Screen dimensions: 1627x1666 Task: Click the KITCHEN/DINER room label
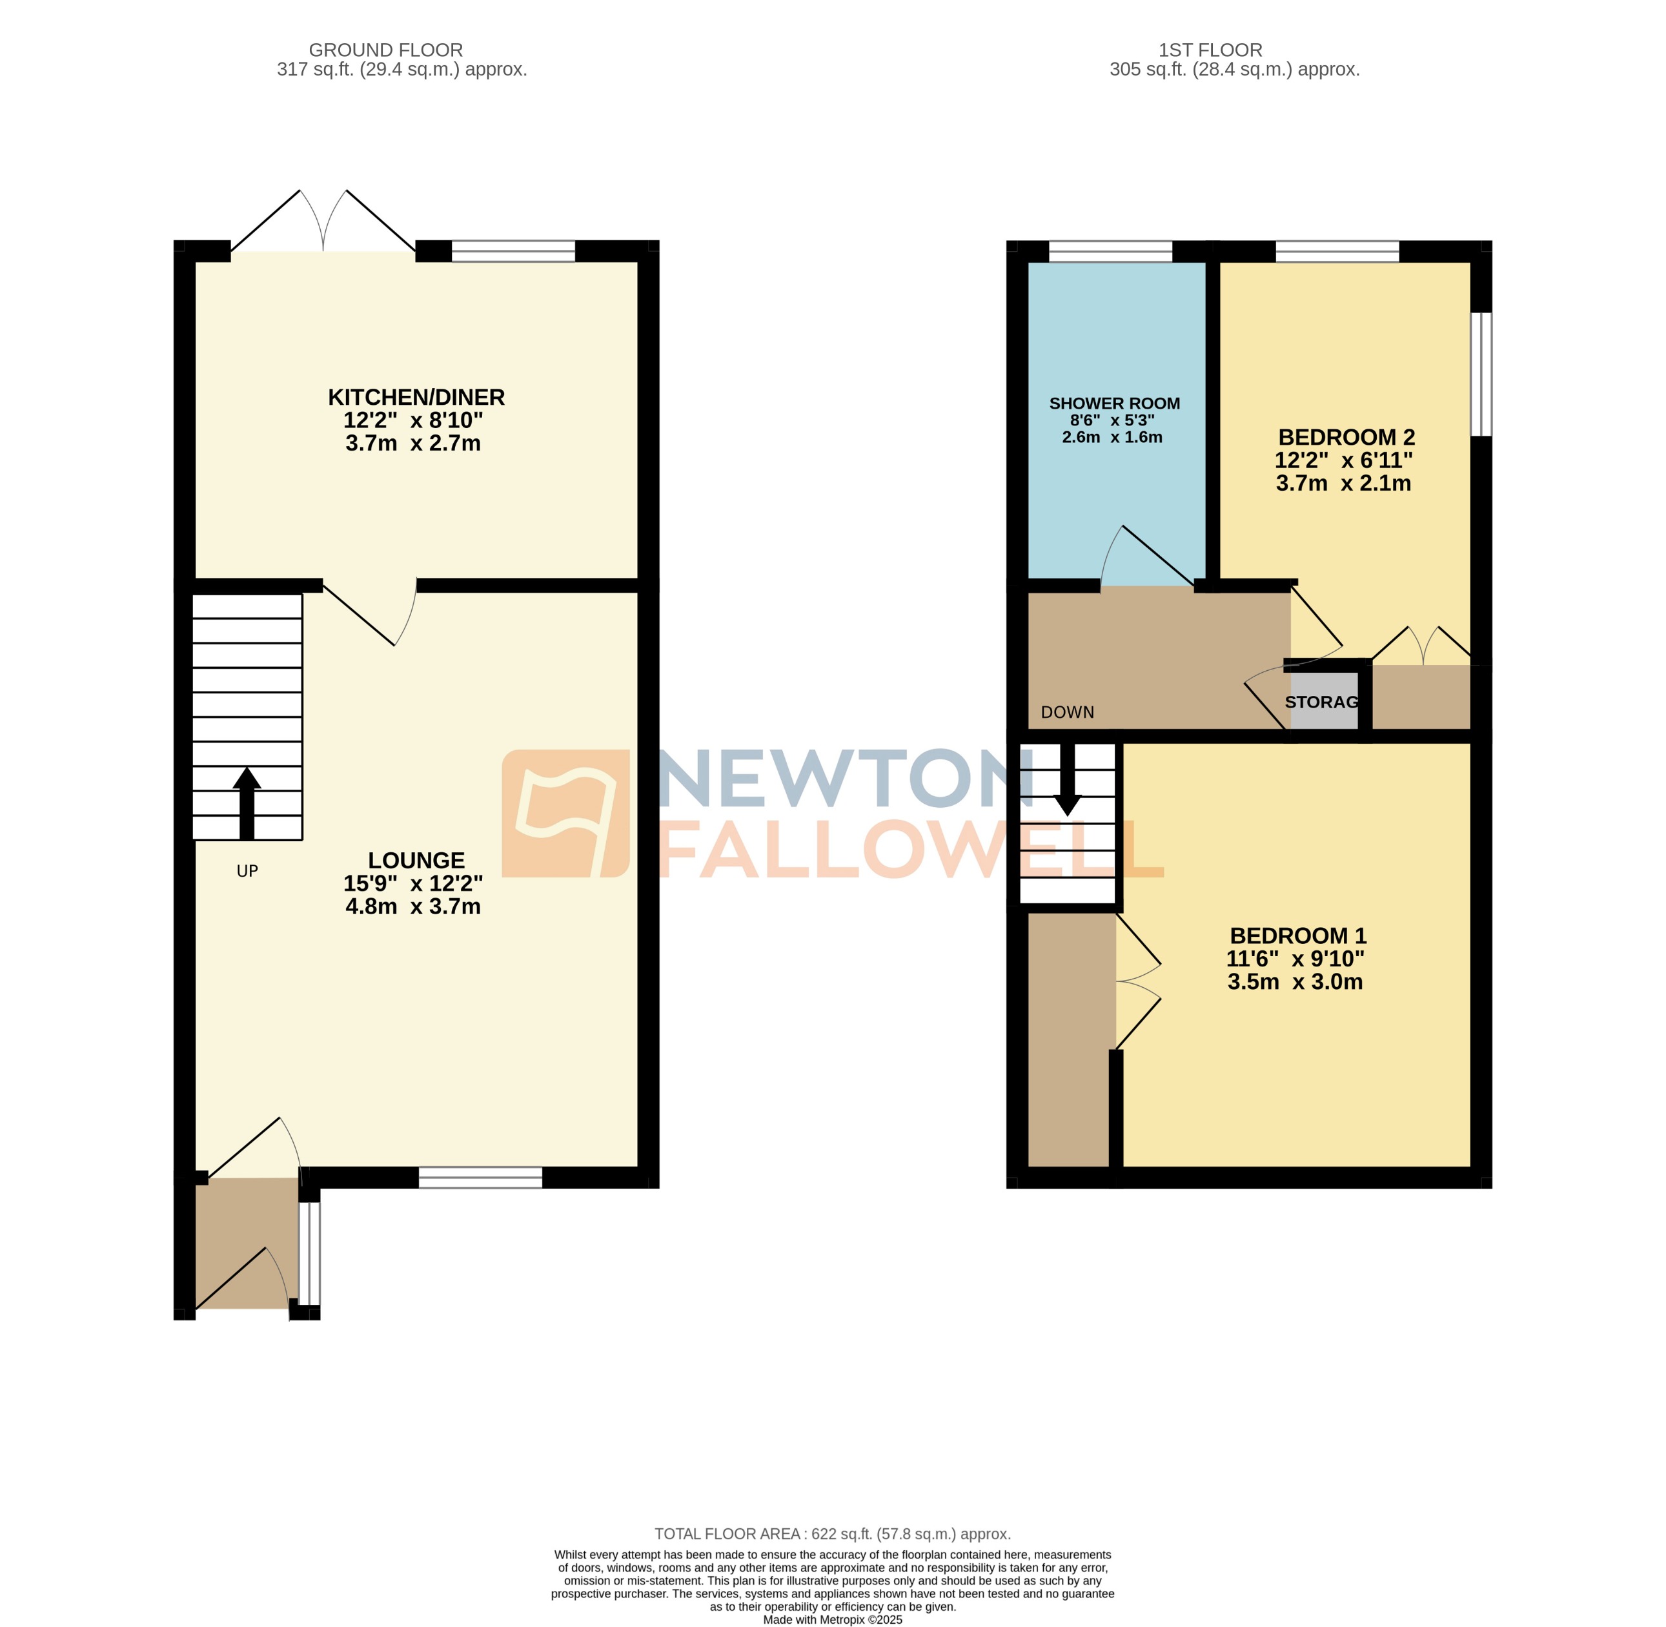[416, 397]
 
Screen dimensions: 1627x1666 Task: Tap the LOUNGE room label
[416, 861]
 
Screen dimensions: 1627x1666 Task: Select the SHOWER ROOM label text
[1114, 404]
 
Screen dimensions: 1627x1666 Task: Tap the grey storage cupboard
[1323, 701]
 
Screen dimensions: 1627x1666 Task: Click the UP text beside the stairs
[247, 871]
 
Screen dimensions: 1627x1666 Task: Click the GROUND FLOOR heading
[385, 50]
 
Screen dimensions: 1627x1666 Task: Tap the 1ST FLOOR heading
[1210, 50]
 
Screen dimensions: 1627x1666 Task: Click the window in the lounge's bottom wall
[480, 1178]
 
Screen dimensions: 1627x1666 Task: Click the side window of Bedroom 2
[1481, 374]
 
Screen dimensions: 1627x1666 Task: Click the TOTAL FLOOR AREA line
[832, 1534]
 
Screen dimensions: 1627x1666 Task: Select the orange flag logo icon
[565, 813]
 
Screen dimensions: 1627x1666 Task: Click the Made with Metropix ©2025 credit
[832, 1619]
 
